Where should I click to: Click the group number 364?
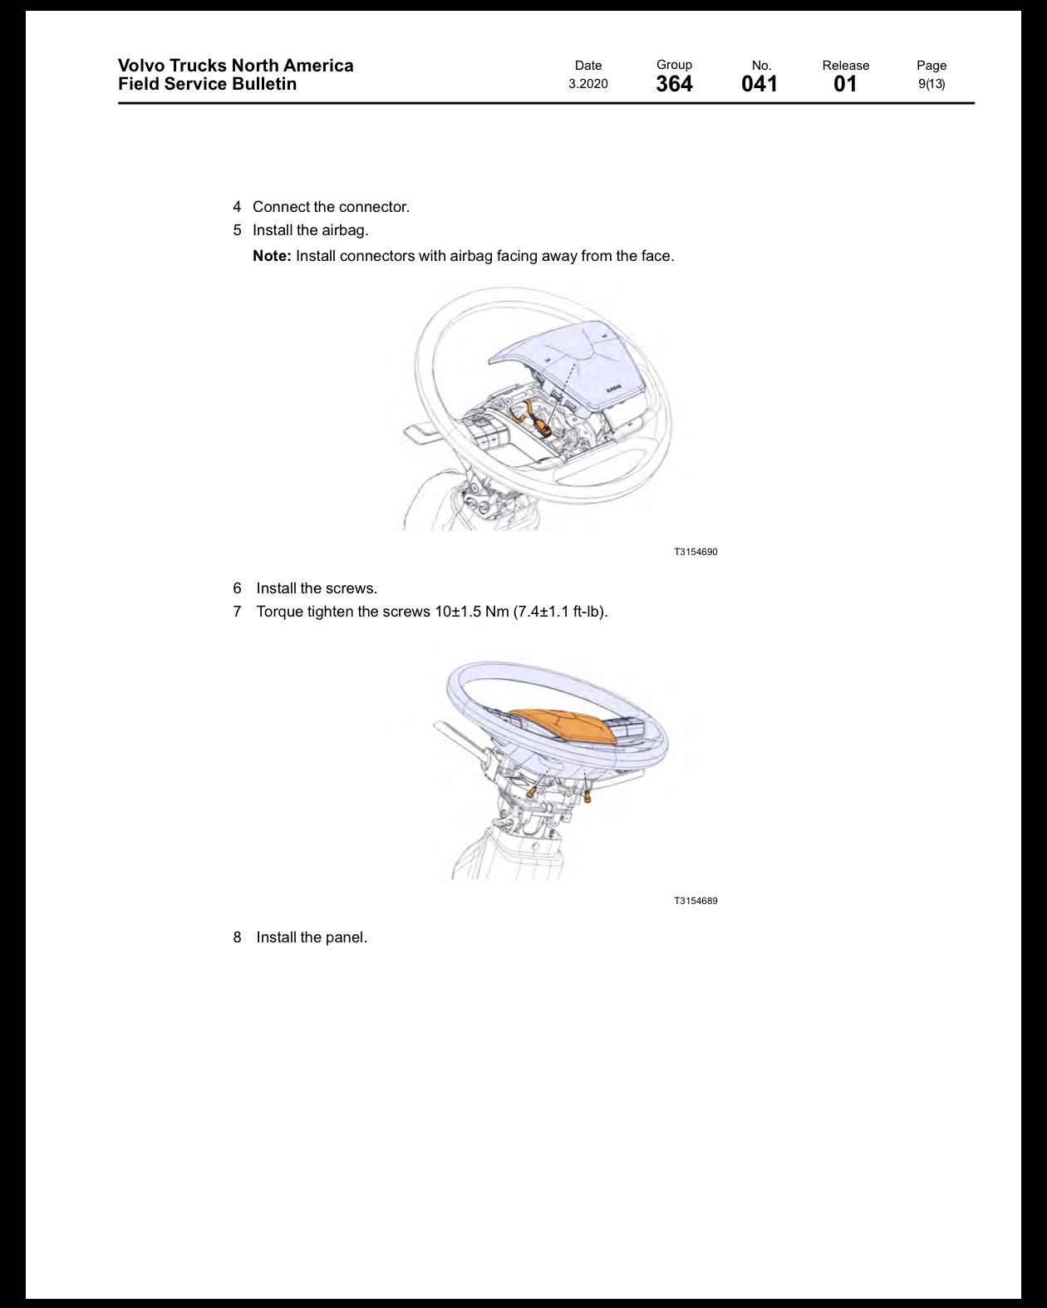(674, 84)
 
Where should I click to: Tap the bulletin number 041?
(759, 84)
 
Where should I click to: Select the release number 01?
(845, 84)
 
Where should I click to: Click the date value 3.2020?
(588, 84)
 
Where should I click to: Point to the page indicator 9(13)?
(931, 84)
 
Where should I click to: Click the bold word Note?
(272, 256)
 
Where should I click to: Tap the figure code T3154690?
(696, 552)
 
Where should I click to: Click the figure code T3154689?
(696, 901)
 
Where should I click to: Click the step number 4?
(237, 207)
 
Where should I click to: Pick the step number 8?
(237, 937)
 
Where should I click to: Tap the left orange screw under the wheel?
(531, 791)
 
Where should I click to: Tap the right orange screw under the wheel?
(587, 797)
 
